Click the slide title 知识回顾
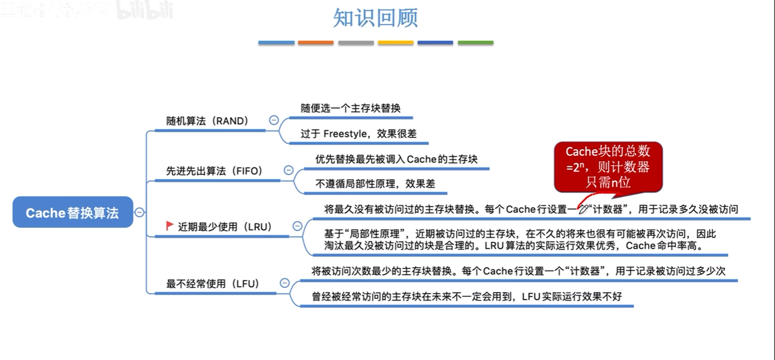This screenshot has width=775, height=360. pyautogui.click(x=375, y=18)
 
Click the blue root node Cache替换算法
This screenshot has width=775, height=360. pyautogui.click(x=73, y=213)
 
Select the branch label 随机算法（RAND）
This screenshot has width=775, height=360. pyautogui.click(x=207, y=121)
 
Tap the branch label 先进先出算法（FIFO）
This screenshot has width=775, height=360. pyautogui.click(x=214, y=171)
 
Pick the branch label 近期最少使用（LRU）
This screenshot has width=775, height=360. pyautogui.click(x=225, y=227)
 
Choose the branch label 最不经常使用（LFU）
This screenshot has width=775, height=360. pyautogui.click(x=213, y=284)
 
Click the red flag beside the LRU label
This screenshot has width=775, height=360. pyautogui.click(x=169, y=226)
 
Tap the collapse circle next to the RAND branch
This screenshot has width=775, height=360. pyautogui.click(x=274, y=120)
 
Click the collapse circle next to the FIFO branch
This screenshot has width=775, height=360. pyautogui.click(x=289, y=170)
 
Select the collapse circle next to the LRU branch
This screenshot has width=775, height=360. pyautogui.click(x=297, y=226)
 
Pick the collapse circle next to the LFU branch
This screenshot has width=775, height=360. pyautogui.click(x=285, y=283)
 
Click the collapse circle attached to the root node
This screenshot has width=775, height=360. pyautogui.click(x=139, y=212)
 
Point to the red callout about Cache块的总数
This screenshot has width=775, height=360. pyautogui.click(x=608, y=167)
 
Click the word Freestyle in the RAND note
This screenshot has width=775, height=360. pyautogui.click(x=345, y=134)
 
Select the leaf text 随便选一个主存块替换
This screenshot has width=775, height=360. pyautogui.click(x=351, y=108)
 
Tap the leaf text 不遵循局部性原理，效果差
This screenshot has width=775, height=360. pyautogui.click(x=375, y=184)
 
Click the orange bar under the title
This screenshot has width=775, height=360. pyautogui.click(x=316, y=43)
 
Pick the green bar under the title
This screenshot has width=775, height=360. pyautogui.click(x=475, y=43)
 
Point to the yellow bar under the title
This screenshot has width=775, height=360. pyautogui.click(x=395, y=43)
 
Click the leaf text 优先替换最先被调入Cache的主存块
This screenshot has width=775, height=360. pyautogui.click(x=396, y=159)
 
